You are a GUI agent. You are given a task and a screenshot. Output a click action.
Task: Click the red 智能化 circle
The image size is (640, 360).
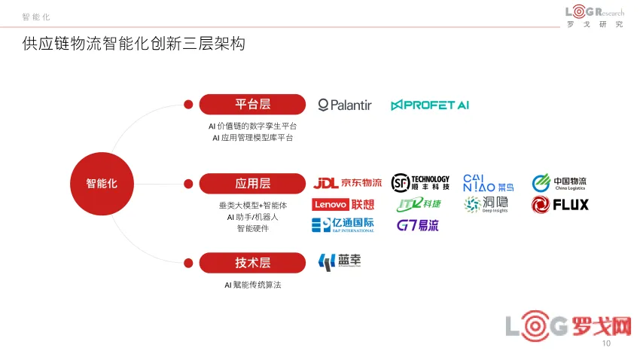[x=102, y=183]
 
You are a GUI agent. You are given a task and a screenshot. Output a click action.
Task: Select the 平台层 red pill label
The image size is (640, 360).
[x=252, y=105]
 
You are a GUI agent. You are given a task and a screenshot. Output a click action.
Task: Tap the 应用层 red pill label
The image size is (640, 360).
[x=252, y=183]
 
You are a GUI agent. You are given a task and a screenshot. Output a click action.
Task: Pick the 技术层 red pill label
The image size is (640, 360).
[x=252, y=262]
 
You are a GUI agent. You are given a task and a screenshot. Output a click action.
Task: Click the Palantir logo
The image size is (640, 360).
[x=345, y=105]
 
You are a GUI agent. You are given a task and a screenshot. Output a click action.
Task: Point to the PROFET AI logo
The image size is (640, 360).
[x=430, y=105]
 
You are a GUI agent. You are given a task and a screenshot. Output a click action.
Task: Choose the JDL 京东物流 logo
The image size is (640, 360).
[x=347, y=183]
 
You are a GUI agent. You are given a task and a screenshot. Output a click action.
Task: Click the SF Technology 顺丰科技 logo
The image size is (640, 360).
[x=421, y=182]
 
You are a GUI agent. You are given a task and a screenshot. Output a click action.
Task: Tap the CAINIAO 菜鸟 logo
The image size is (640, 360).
[x=489, y=182]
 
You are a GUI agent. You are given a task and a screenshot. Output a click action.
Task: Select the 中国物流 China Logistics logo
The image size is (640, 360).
[x=559, y=183]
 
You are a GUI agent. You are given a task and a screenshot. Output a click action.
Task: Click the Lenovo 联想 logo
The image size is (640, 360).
[x=343, y=204]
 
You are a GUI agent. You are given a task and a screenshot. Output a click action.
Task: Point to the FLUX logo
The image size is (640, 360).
[x=560, y=204]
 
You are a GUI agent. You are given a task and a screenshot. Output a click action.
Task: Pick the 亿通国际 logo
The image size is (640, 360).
[x=343, y=224]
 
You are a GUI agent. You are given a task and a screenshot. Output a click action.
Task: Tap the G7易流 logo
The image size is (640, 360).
[x=418, y=224]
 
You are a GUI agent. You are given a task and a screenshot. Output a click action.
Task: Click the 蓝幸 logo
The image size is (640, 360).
[x=340, y=261]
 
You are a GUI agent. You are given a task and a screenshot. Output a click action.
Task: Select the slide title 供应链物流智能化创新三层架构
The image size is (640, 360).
[x=134, y=44]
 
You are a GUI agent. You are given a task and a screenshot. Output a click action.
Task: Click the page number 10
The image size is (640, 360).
[x=607, y=344]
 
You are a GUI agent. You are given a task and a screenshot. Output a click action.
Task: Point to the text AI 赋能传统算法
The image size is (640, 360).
[x=252, y=285]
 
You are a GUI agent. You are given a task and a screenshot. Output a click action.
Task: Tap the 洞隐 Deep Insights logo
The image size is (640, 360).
[x=486, y=204]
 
